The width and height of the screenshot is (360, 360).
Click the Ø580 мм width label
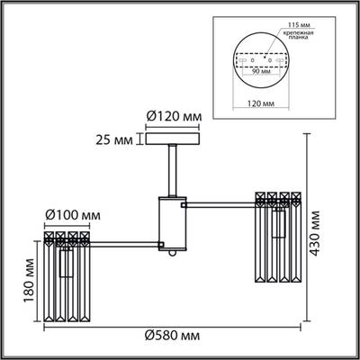[x=171, y=336]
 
